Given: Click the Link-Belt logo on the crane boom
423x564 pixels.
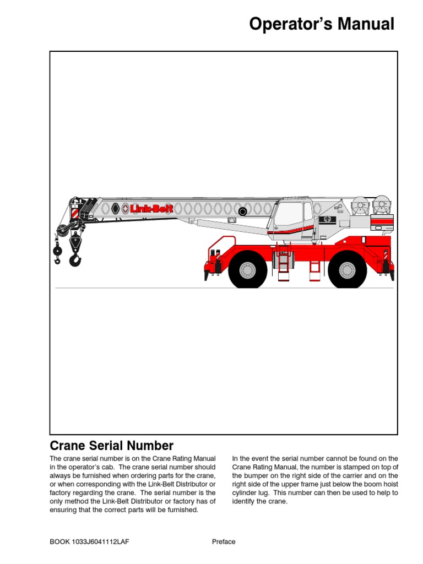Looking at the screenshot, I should coord(151,209).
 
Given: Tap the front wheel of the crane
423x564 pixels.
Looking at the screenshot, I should coord(247,270).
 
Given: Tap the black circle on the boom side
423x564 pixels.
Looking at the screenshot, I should coord(242,211).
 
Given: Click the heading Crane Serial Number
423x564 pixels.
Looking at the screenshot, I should coord(112,446).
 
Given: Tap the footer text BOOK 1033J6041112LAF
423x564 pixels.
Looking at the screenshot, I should coord(90,541).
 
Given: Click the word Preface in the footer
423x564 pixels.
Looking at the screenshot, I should coord(224,541).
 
